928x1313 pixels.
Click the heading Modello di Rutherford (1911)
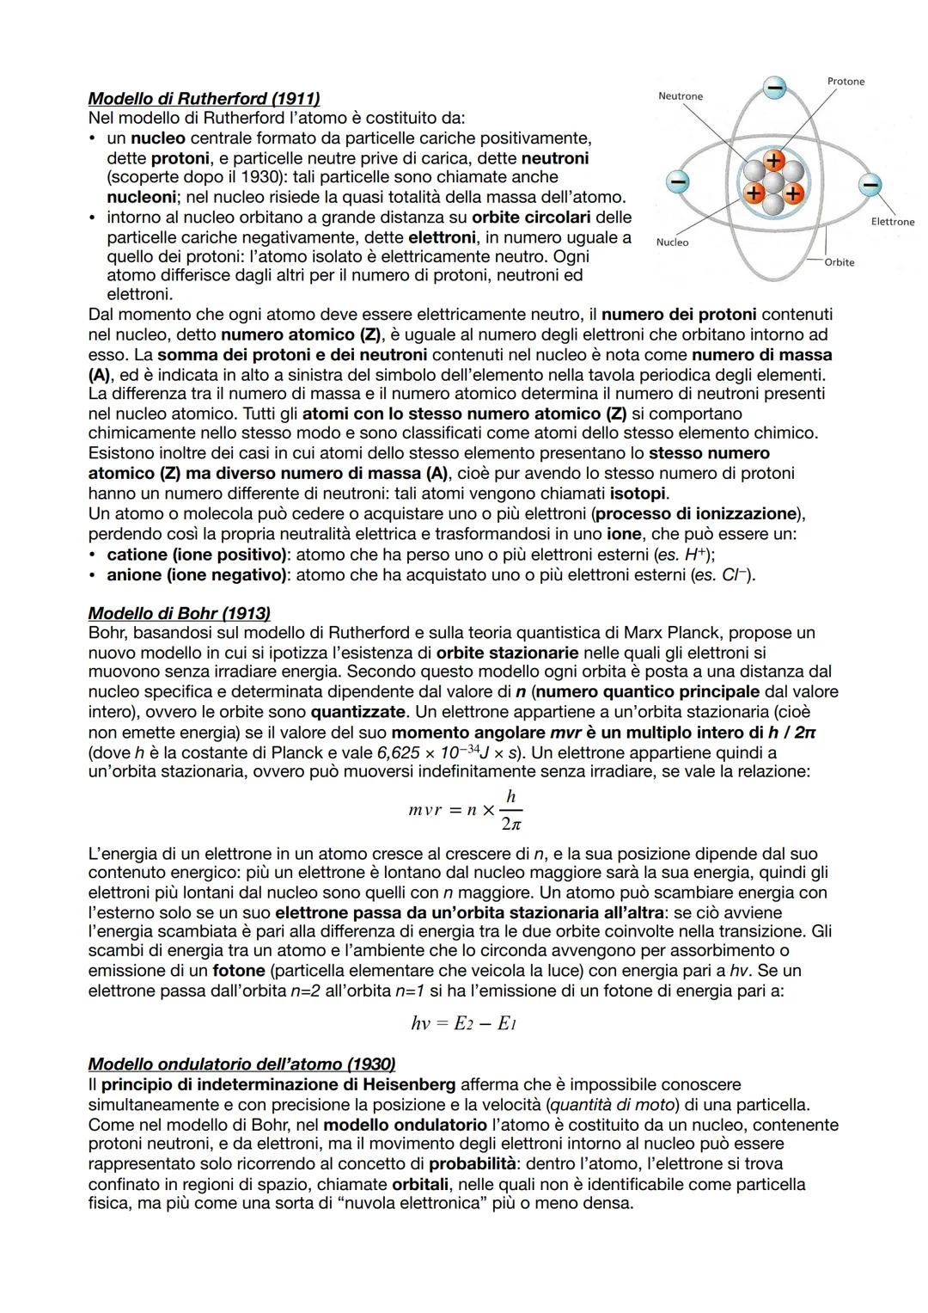coord(204,99)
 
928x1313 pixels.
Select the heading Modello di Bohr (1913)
coord(179,613)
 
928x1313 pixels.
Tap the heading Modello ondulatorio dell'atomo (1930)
coord(241,1064)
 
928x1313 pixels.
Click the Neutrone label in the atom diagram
coord(680,96)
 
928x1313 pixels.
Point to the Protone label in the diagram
coord(846,82)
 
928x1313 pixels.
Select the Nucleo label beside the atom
coord(672,242)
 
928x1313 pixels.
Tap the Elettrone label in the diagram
coord(892,222)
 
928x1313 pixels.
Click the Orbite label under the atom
coord(839,262)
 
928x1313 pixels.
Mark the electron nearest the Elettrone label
coord(870,185)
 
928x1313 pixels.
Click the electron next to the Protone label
coord(775,88)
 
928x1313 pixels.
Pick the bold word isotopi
coord(638,494)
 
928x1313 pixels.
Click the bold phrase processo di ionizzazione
coord(697,513)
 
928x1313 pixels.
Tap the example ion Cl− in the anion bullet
coord(733,574)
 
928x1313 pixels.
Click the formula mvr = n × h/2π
coord(465,810)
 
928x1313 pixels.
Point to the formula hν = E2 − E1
coord(463,1023)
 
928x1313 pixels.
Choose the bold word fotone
coord(239,971)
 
